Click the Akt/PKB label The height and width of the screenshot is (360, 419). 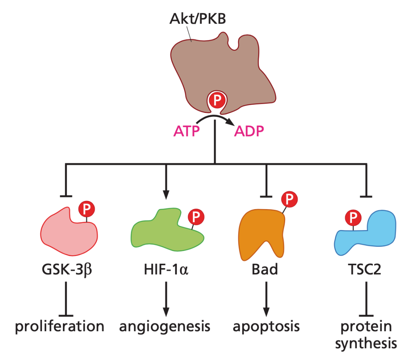point(197,19)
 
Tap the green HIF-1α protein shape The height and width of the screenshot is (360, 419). point(163,233)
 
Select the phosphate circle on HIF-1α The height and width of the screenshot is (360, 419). point(196,216)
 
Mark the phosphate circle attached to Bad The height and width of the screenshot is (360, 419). point(289,199)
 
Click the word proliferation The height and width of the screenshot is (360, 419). point(60,327)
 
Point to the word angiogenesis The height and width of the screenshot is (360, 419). point(164,327)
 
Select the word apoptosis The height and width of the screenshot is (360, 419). point(266,327)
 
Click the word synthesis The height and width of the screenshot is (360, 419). point(366,343)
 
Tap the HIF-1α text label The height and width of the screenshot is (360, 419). point(165,269)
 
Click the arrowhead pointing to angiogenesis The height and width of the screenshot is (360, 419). point(166,312)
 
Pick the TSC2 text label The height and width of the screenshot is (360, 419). point(366,269)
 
